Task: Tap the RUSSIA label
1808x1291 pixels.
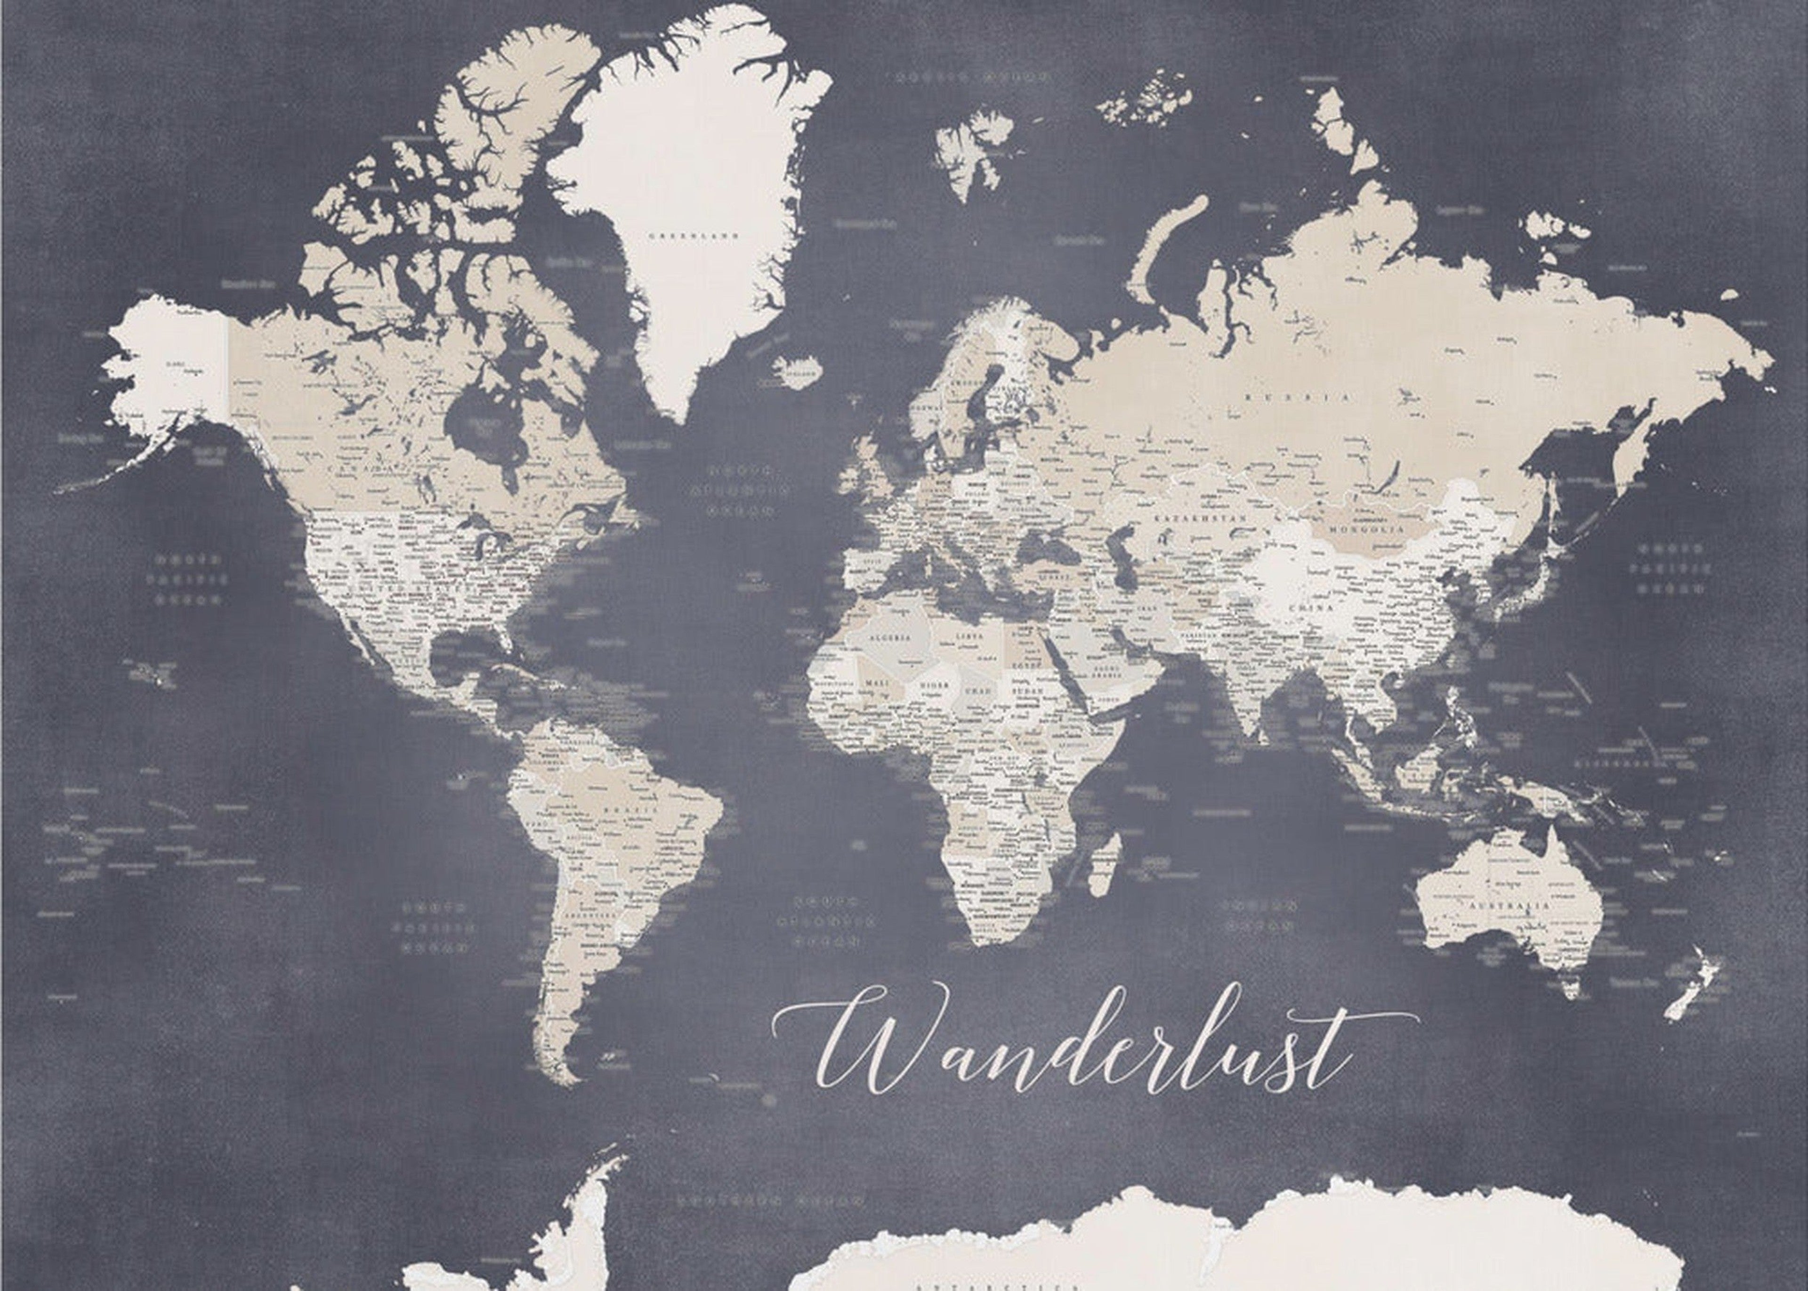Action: pos(1297,397)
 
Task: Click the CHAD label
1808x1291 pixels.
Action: pos(977,691)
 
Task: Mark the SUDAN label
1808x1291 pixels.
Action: pos(1023,691)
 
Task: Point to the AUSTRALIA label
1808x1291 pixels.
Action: pos(1498,906)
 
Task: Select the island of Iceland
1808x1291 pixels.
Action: pos(798,370)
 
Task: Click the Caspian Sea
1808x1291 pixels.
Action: pos(1124,566)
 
